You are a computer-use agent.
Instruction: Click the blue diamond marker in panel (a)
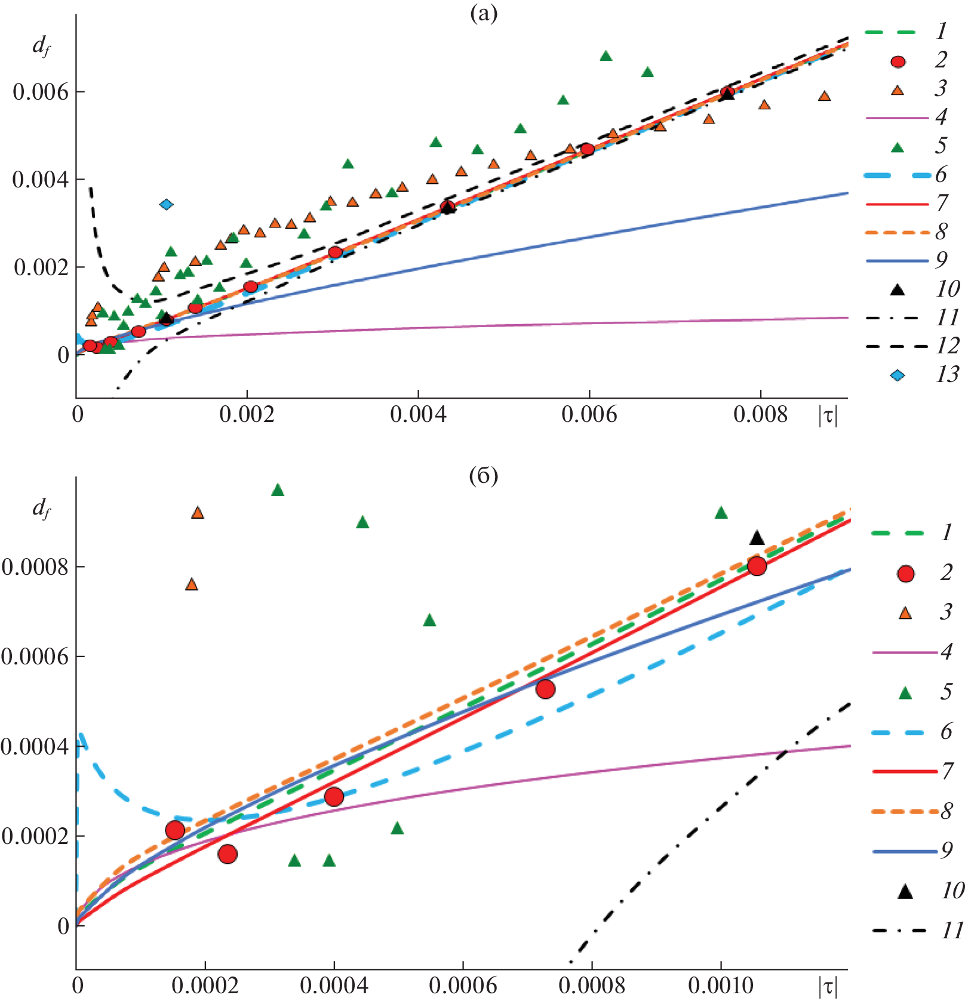167,205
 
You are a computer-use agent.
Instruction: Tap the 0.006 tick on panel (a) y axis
41,92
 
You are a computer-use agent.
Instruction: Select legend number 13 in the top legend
947,375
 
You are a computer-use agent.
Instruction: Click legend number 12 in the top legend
947,346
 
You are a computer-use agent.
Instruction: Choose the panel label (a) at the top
483,14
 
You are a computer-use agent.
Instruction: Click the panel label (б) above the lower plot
483,476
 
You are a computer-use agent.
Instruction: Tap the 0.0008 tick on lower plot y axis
35,566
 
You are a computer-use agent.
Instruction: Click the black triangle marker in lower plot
757,538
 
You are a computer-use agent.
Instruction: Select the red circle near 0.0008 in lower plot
757,566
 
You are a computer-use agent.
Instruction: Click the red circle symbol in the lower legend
906,574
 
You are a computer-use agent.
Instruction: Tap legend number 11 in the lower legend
952,931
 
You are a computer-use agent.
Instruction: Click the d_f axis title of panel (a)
41,45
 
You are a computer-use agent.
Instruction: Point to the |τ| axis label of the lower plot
828,986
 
